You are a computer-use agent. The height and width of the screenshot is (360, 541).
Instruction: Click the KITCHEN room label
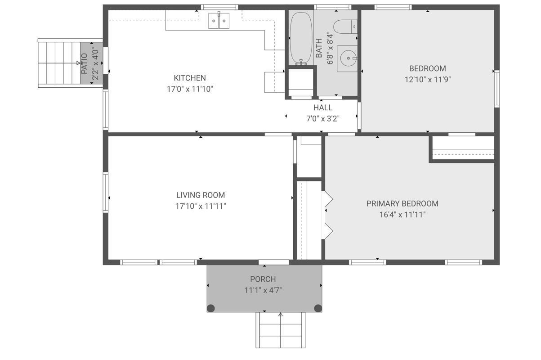tap(190, 78)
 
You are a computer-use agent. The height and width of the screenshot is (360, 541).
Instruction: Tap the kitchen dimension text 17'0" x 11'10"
tap(190, 89)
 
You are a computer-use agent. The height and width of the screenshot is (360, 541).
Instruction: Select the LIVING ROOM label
tap(201, 195)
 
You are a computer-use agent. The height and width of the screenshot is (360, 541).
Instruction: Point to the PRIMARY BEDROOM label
tap(402, 204)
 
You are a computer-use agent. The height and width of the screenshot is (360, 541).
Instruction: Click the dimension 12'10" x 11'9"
tap(428, 80)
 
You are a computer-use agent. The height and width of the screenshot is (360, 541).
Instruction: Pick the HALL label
tap(323, 108)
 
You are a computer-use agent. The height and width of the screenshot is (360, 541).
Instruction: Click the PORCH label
tap(263, 279)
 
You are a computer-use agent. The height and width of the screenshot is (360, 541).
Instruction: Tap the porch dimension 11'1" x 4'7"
tap(263, 290)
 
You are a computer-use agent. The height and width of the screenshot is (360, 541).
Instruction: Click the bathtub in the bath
tap(301, 39)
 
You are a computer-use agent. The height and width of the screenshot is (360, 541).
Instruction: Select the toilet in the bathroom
tap(345, 27)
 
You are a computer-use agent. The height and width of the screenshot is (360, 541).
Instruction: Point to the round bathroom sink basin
tap(348, 58)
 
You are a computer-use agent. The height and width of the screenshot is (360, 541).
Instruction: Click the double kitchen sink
tap(219, 21)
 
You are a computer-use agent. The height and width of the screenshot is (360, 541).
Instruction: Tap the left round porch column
tap(211, 308)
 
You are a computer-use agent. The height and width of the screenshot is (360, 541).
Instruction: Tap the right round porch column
tap(318, 308)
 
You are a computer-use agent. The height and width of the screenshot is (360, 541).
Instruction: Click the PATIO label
tap(84, 63)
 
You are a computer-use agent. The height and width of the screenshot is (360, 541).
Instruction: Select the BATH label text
tap(319, 48)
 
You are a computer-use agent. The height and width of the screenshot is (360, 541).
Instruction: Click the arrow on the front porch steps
tap(281, 330)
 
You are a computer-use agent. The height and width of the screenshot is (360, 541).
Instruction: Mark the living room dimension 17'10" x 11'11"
tap(201, 206)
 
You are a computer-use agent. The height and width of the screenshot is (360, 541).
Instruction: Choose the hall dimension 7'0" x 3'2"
tap(323, 119)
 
